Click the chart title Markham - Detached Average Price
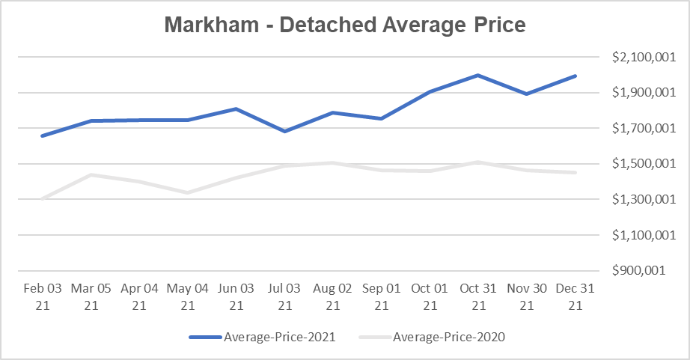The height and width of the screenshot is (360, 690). tap(345, 25)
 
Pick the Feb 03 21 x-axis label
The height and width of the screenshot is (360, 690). tap(43, 296)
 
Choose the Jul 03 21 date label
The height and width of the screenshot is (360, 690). tap(284, 296)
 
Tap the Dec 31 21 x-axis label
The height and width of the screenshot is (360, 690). tap(575, 296)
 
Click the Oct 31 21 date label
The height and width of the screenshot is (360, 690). tap(477, 296)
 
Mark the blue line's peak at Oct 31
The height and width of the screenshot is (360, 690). tap(477, 75)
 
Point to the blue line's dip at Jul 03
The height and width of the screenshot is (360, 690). tap(284, 131)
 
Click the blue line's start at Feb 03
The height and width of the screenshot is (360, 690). tap(43, 135)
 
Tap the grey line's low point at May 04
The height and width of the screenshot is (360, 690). tap(188, 192)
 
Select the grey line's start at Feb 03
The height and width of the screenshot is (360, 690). tap(43, 198)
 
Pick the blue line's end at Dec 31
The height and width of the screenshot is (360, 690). tap(575, 76)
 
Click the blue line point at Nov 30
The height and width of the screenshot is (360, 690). tap(527, 94)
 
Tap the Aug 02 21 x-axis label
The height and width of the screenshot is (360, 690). tap(333, 296)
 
